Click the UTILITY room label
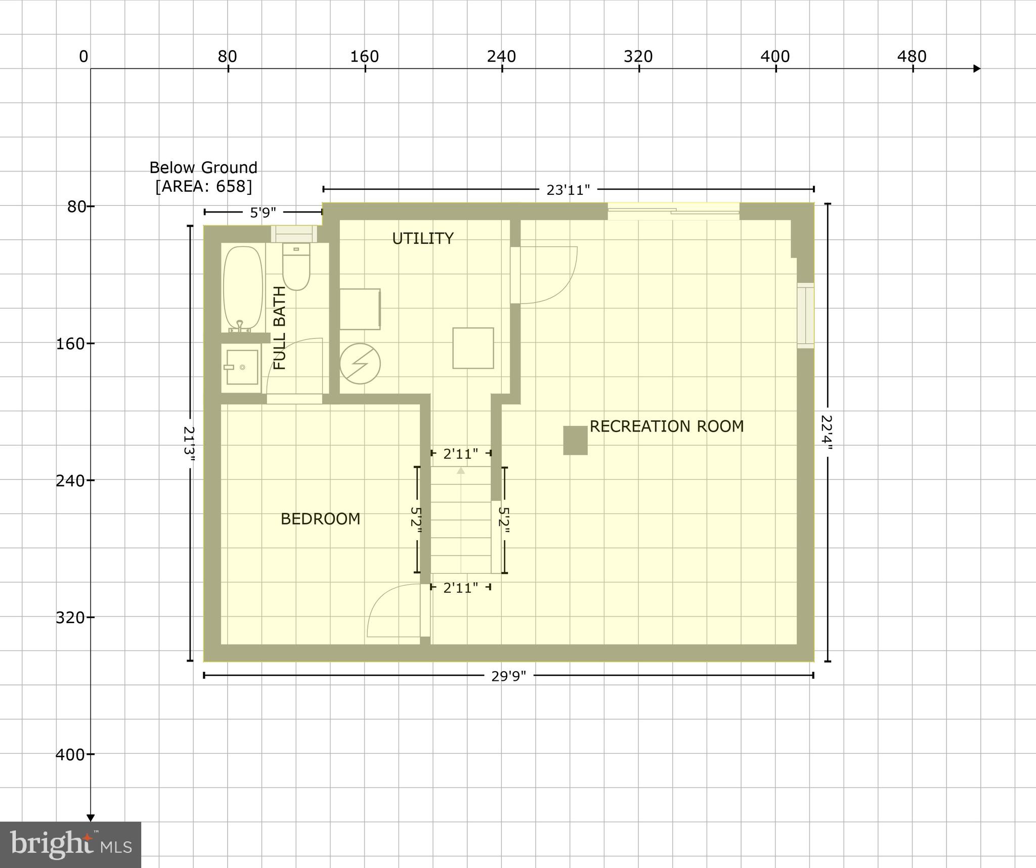(x=422, y=238)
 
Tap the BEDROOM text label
(x=320, y=519)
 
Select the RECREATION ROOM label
(x=666, y=426)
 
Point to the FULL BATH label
(x=280, y=328)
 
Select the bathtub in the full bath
(x=243, y=288)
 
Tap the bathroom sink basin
(x=242, y=367)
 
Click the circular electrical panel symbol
(x=360, y=364)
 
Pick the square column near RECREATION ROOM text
(x=575, y=440)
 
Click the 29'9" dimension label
(x=508, y=676)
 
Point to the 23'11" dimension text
(x=568, y=190)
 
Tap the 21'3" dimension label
(x=189, y=445)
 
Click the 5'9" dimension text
(x=263, y=213)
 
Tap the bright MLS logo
(x=70, y=845)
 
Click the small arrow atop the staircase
(x=460, y=470)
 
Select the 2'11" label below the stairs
(x=460, y=588)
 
